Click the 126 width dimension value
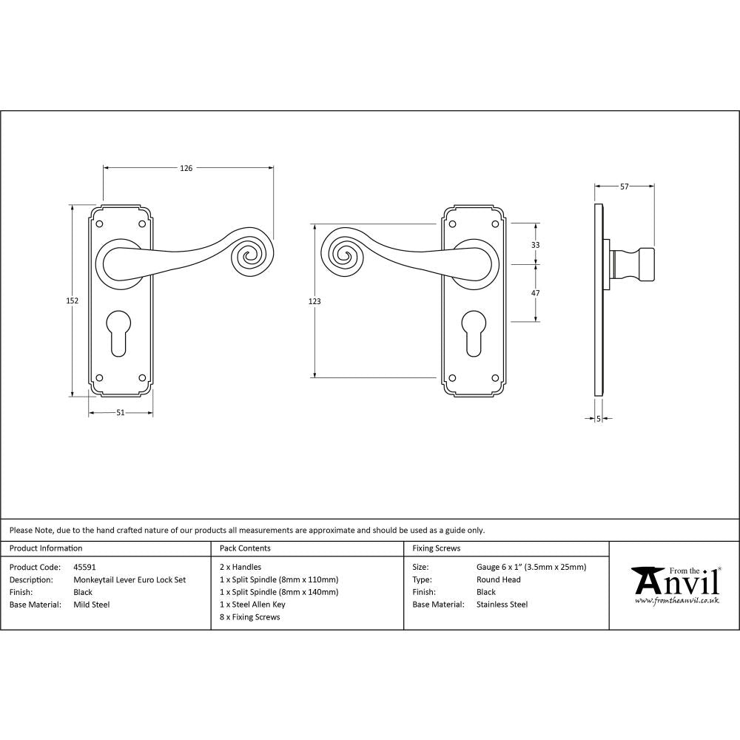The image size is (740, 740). click(x=186, y=169)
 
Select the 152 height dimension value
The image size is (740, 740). click(x=73, y=300)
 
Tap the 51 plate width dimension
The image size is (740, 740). click(x=121, y=413)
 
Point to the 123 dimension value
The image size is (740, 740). click(x=315, y=301)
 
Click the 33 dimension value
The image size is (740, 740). click(x=536, y=244)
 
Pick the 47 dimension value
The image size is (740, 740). click(x=536, y=293)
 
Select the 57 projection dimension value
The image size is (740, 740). click(x=625, y=187)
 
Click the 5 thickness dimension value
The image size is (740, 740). click(x=598, y=420)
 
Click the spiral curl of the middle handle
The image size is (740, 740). click(x=343, y=256)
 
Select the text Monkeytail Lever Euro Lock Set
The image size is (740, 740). click(x=129, y=580)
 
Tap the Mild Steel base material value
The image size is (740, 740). click(x=91, y=605)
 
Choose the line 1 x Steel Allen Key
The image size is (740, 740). click(x=252, y=605)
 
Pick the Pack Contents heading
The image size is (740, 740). click(x=245, y=548)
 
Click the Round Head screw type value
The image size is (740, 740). click(x=499, y=580)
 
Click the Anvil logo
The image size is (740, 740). click(x=675, y=585)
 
